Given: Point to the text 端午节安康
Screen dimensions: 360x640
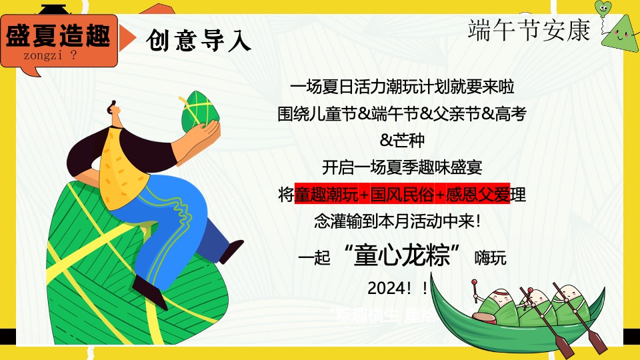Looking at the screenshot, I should point(529,30).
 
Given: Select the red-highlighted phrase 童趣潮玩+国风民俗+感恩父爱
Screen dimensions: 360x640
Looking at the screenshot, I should point(401,195).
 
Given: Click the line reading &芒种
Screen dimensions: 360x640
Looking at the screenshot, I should point(401,141).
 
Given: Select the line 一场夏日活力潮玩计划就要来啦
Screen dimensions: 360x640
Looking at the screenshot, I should point(402,87).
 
